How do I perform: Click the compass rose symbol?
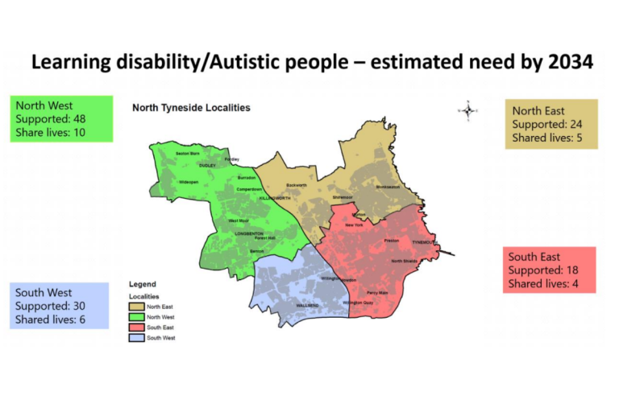coord(468,109)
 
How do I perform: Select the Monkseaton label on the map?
coord(388,187)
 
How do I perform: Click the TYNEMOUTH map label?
coord(425,241)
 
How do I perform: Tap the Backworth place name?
coord(297,186)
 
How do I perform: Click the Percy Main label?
coord(377,292)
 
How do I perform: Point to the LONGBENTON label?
coord(249,233)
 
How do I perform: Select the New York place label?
coord(354,225)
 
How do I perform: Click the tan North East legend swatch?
coord(138,307)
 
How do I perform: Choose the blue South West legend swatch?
coord(138,338)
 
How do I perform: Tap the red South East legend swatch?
coord(138,328)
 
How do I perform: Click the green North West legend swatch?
coord(138,317)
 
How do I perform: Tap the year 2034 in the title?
coord(563,62)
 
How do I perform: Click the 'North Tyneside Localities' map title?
coord(191,107)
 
